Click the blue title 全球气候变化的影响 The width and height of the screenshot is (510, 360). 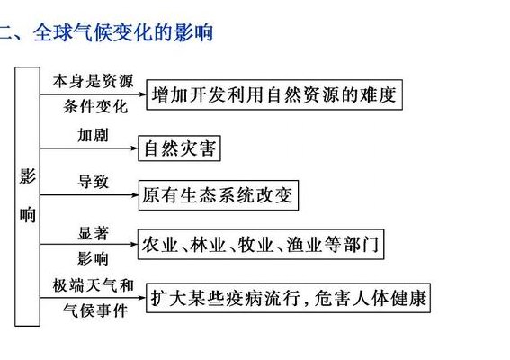pos(123,32)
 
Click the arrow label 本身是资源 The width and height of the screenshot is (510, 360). pos(94,81)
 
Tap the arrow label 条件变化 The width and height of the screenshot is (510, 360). pos(95,106)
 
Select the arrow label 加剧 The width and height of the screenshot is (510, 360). pos(93,135)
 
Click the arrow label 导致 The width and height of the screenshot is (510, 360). pos(93,182)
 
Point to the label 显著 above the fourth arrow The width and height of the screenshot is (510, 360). pos(93,233)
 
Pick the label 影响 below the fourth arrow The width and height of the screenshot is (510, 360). pos(93,259)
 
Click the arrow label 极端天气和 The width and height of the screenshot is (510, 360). pos(94,285)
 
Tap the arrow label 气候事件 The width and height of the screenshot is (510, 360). pos(95,310)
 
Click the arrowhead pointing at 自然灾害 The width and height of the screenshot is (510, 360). pos(134,148)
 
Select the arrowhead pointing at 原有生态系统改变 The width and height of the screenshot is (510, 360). pos(135,195)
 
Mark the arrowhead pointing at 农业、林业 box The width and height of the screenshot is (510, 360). pos(134,244)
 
